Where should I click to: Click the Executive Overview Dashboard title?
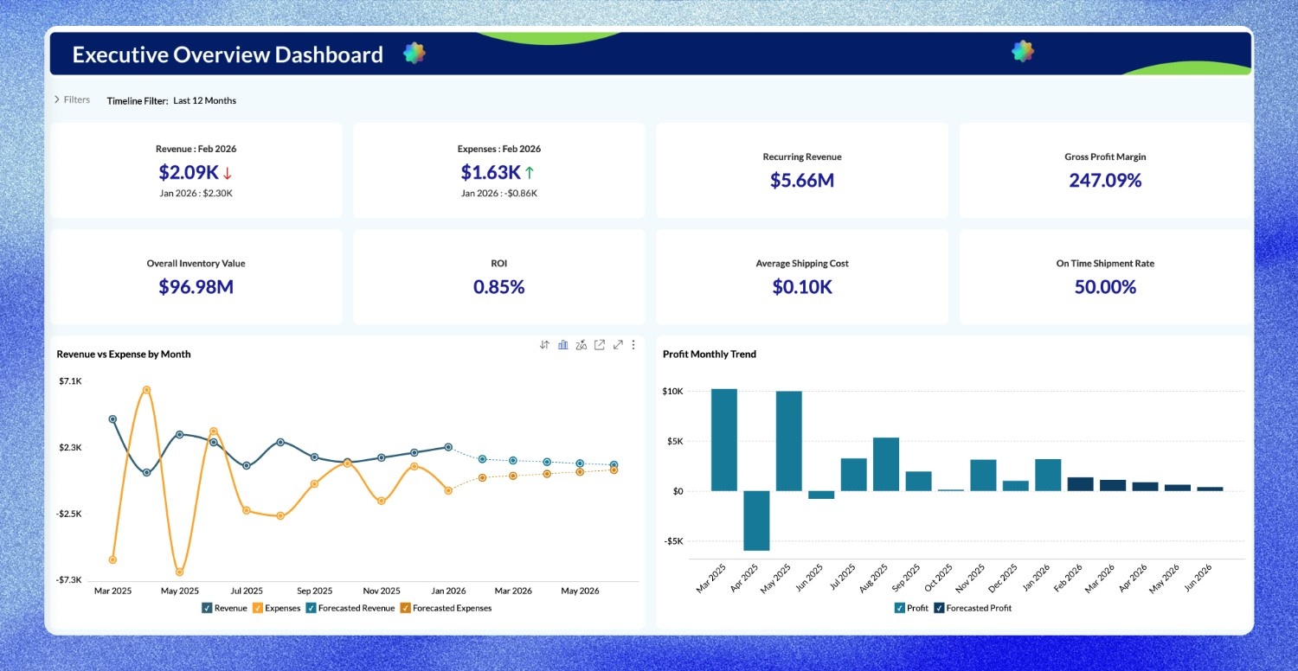coord(228,54)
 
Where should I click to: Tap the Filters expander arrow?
coord(57,99)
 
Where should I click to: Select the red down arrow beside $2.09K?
coord(228,173)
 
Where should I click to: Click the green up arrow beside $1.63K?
coord(530,173)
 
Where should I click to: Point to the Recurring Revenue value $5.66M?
coord(801,180)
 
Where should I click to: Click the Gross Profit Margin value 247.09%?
coord(1105,180)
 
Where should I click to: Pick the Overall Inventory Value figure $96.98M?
coord(196,286)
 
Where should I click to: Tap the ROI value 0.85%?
coord(498,286)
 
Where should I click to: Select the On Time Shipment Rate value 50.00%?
coord(1105,286)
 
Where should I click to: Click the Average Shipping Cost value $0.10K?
coord(801,286)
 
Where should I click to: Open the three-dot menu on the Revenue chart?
coord(633,345)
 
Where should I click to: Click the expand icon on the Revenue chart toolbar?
coord(618,345)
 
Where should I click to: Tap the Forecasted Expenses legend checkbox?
coord(405,608)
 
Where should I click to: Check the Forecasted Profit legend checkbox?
coord(939,608)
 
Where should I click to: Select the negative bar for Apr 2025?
coord(756,521)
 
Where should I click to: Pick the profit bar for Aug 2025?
coord(886,464)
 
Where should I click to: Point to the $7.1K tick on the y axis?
coord(70,381)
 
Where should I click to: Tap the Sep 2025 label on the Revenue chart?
coord(314,591)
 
